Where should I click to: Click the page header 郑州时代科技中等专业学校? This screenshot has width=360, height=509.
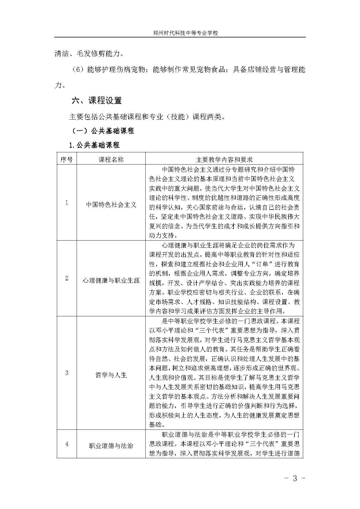pyautogui.click(x=185, y=33)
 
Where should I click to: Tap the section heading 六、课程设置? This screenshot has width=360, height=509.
pyautogui.click(x=97, y=101)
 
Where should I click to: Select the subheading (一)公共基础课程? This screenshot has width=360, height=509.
pyautogui.click(x=103, y=131)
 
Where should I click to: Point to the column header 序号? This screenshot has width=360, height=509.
pyautogui.click(x=66, y=160)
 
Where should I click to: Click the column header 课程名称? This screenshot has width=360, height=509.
pyautogui.click(x=111, y=160)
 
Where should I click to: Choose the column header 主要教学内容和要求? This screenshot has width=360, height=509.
pyautogui.click(x=224, y=160)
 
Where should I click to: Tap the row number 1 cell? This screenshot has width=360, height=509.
pyautogui.click(x=67, y=203)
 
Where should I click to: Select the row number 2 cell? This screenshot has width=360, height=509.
pyautogui.click(x=67, y=278)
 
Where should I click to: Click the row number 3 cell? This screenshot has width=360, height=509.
pyautogui.click(x=67, y=373)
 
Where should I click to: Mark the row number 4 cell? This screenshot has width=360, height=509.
pyautogui.click(x=67, y=444)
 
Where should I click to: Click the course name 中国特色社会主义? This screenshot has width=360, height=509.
pyautogui.click(x=111, y=205)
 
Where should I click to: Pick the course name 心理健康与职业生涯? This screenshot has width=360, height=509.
pyautogui.click(x=111, y=281)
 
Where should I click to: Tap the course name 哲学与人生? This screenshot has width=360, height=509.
pyautogui.click(x=111, y=375)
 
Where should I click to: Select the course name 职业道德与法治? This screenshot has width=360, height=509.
pyautogui.click(x=111, y=446)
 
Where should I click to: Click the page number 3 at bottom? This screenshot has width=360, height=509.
pyautogui.click(x=295, y=479)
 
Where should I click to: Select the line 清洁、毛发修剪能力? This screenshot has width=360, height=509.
pyautogui.click(x=89, y=54)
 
